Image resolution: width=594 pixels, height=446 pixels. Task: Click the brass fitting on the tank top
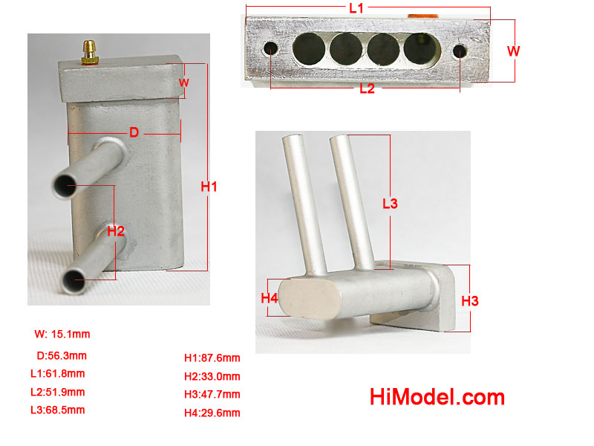90,52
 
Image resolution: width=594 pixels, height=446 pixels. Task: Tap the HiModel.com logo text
437,397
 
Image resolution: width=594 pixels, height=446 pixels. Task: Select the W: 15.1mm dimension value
62,334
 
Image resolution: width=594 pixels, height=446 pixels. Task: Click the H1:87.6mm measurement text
212,358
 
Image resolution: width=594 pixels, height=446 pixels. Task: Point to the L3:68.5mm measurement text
58,410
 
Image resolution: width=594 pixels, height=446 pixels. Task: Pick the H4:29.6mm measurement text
212,413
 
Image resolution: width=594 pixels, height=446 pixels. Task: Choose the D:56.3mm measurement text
62,356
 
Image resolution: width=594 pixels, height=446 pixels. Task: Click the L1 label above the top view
356,8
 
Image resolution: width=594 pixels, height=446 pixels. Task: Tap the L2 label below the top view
367,88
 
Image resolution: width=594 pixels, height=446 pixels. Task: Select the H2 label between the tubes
116,231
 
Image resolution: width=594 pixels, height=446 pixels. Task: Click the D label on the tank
134,132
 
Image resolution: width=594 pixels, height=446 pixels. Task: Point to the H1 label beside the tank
209,187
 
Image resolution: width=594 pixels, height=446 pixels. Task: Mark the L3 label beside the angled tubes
390,204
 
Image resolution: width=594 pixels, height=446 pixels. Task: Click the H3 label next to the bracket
470,301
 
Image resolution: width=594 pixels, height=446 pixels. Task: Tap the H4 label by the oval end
270,298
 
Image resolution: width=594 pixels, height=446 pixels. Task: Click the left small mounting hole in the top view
270,48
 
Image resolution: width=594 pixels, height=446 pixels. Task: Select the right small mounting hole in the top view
460,51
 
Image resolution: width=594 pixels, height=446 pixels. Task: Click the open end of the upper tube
65,185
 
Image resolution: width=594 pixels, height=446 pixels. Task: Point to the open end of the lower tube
74,280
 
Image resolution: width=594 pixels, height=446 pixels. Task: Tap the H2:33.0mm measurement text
212,376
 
